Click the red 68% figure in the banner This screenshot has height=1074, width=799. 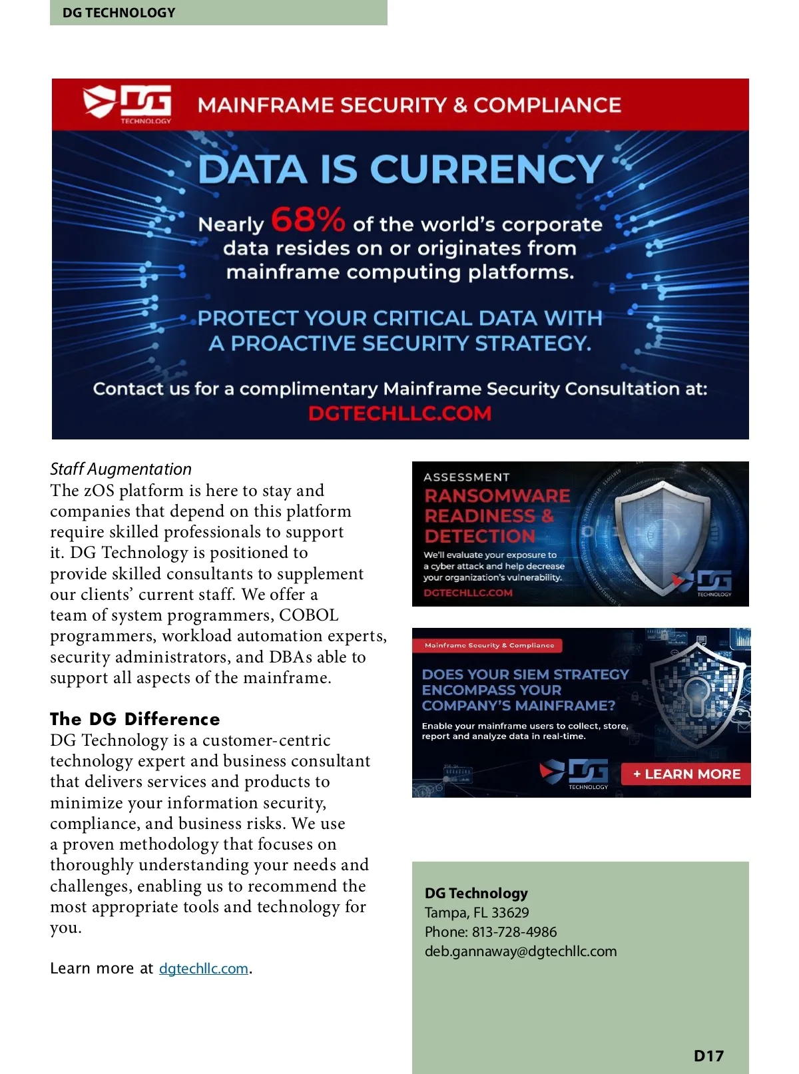pos(308,220)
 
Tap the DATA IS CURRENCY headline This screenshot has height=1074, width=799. pos(400,169)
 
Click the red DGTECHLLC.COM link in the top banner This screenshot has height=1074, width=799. pos(400,413)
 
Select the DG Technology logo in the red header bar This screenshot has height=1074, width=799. pos(127,104)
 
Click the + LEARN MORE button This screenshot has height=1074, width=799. pos(686,774)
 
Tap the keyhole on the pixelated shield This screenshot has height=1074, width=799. pos(696,696)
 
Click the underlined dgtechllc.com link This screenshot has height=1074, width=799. pos(203,969)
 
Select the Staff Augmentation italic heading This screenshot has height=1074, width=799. pos(121,469)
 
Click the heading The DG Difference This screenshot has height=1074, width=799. pos(134,719)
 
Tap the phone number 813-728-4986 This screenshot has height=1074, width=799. pos(514,932)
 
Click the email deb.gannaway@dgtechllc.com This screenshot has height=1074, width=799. pos(521,951)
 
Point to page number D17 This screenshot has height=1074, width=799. pos(708,1056)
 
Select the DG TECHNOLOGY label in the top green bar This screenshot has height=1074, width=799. pos(119,13)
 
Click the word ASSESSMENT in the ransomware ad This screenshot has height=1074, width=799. pos(466,477)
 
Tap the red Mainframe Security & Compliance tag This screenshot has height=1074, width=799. pos(489,645)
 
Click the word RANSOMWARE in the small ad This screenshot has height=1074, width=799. pos(497,496)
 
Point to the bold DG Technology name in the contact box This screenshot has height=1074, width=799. pos(476,894)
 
